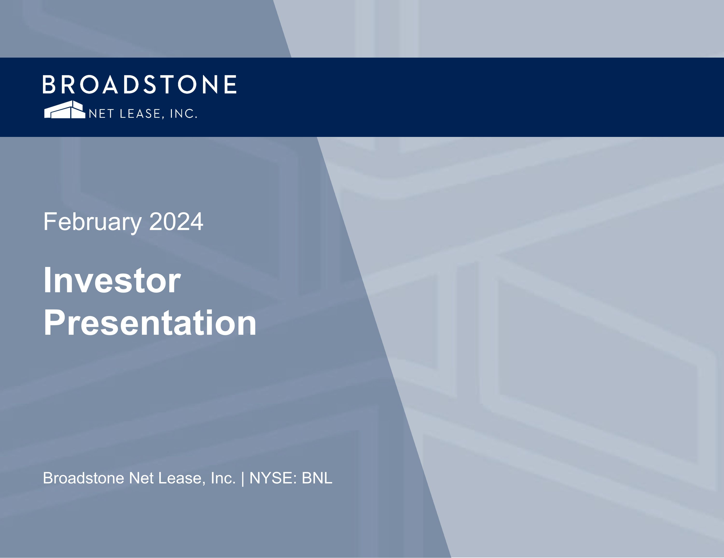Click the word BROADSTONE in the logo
139,84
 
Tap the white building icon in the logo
65,110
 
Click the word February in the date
92,222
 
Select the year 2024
176,222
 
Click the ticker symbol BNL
317,478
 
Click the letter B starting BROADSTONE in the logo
49,84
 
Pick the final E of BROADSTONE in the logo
230,84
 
